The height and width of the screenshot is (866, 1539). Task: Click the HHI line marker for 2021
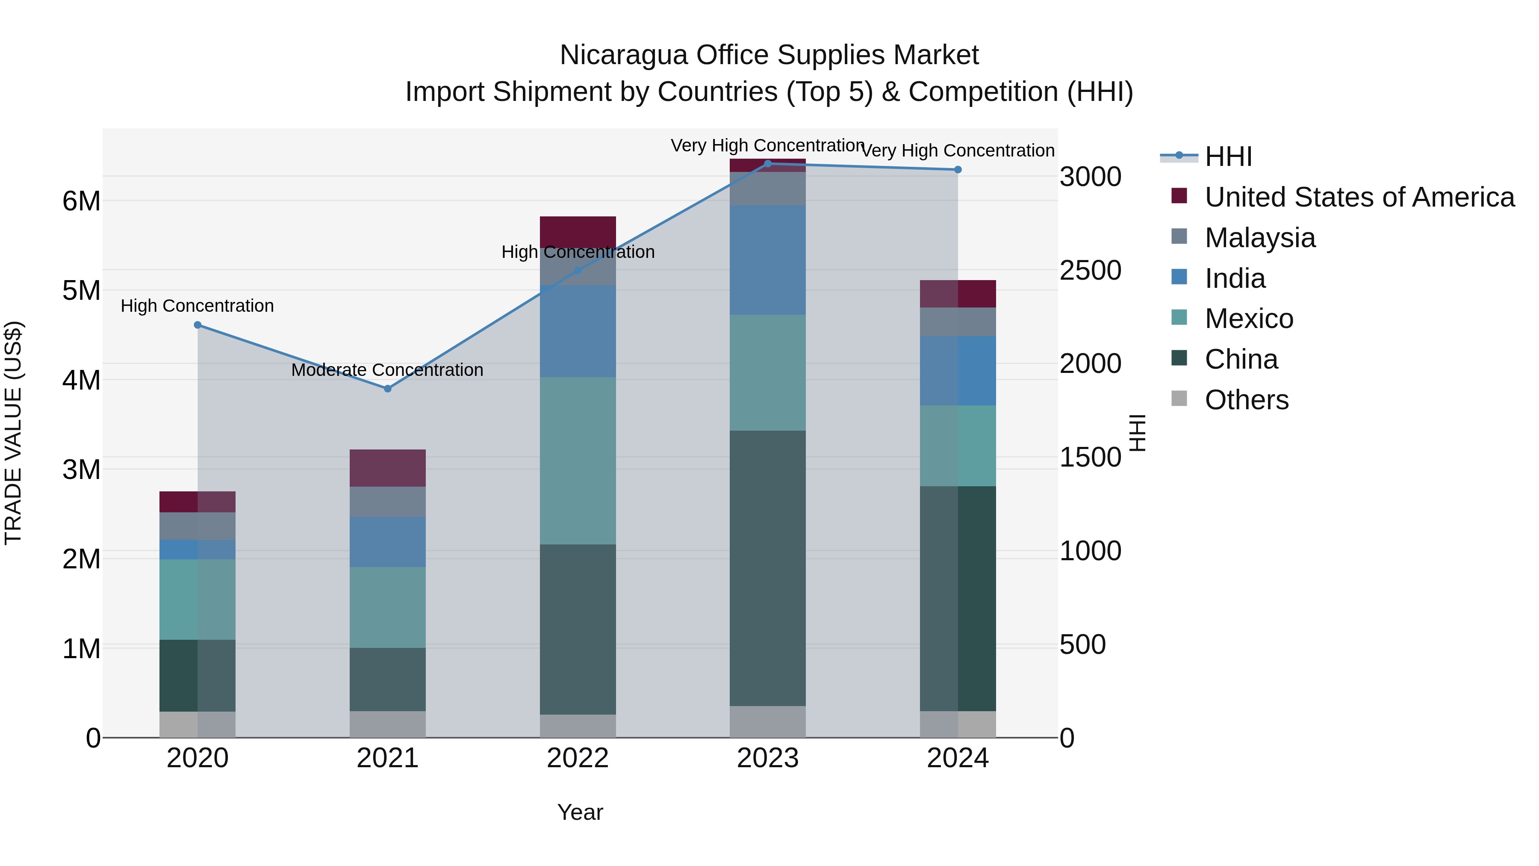coord(387,388)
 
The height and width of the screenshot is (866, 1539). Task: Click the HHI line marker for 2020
coord(198,325)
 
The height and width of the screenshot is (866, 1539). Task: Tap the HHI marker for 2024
coord(958,170)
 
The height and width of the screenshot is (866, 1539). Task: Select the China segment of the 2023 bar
coord(768,568)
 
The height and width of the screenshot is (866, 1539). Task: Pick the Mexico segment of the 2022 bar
coord(578,460)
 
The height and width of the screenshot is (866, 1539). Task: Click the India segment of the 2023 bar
coord(768,260)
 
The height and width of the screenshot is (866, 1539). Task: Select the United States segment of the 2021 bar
coord(387,468)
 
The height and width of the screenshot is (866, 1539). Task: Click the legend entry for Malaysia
coord(1259,238)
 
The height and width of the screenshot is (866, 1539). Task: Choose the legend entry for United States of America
coord(1359,197)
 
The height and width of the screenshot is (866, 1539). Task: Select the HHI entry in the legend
coord(1228,157)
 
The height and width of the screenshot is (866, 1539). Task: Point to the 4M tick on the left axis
coord(81,380)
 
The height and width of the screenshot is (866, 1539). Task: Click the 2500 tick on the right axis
coord(1090,271)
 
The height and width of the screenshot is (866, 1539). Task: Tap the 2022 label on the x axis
coord(578,758)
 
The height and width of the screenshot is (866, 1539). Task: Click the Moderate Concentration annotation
coord(387,370)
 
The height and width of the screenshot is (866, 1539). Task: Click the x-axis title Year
coord(580,812)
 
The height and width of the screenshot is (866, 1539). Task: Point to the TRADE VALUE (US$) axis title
coord(14,433)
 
